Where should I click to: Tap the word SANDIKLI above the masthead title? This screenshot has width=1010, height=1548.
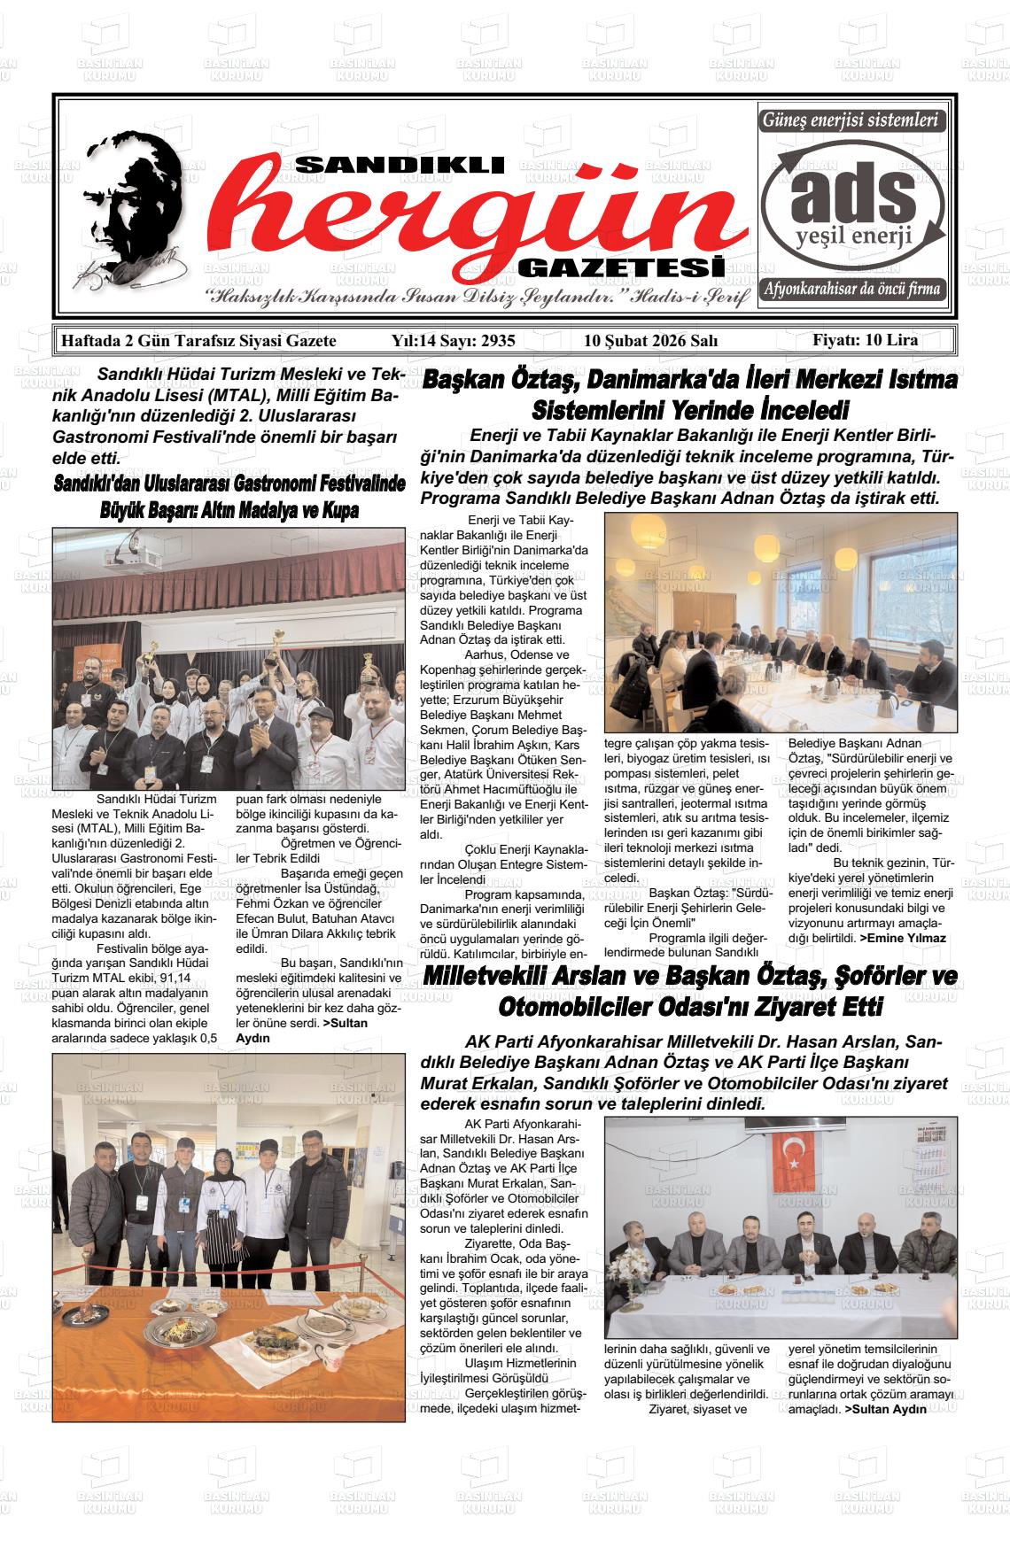tap(399, 166)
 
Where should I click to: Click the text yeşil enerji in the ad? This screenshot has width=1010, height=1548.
tap(853, 237)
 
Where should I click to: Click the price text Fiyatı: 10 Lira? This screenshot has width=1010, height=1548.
tap(866, 340)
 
